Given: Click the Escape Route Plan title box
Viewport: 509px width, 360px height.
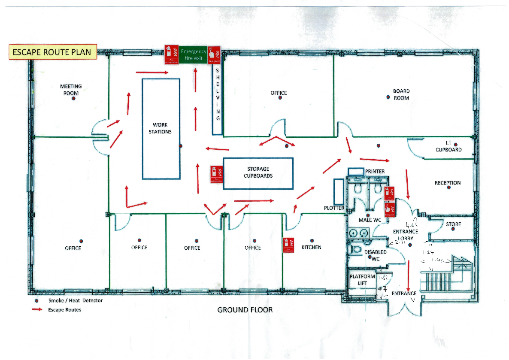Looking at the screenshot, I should click(52, 52).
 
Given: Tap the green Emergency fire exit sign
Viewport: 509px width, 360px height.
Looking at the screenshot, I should click(193, 55).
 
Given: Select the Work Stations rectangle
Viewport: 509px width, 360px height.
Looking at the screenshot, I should click(161, 128).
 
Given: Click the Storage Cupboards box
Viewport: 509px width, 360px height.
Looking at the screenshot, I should click(258, 172).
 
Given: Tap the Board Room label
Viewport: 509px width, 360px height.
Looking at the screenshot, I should click(401, 94).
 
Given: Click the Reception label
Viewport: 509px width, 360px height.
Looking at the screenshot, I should click(448, 183).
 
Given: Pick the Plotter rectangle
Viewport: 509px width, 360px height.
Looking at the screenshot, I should click(339, 191).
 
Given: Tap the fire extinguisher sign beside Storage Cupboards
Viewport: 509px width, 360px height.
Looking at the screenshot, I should click(216, 175).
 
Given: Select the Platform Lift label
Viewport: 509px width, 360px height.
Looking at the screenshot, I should click(362, 280).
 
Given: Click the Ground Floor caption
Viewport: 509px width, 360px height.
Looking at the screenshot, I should click(245, 310).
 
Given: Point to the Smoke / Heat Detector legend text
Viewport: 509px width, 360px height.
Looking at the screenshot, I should click(76, 300).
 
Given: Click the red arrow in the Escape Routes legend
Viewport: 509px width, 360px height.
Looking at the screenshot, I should click(37, 309).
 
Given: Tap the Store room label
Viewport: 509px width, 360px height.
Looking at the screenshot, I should click(453, 224).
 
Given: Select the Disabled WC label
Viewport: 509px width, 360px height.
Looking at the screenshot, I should click(376, 255).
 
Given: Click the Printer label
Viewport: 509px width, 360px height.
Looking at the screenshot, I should click(375, 171).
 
